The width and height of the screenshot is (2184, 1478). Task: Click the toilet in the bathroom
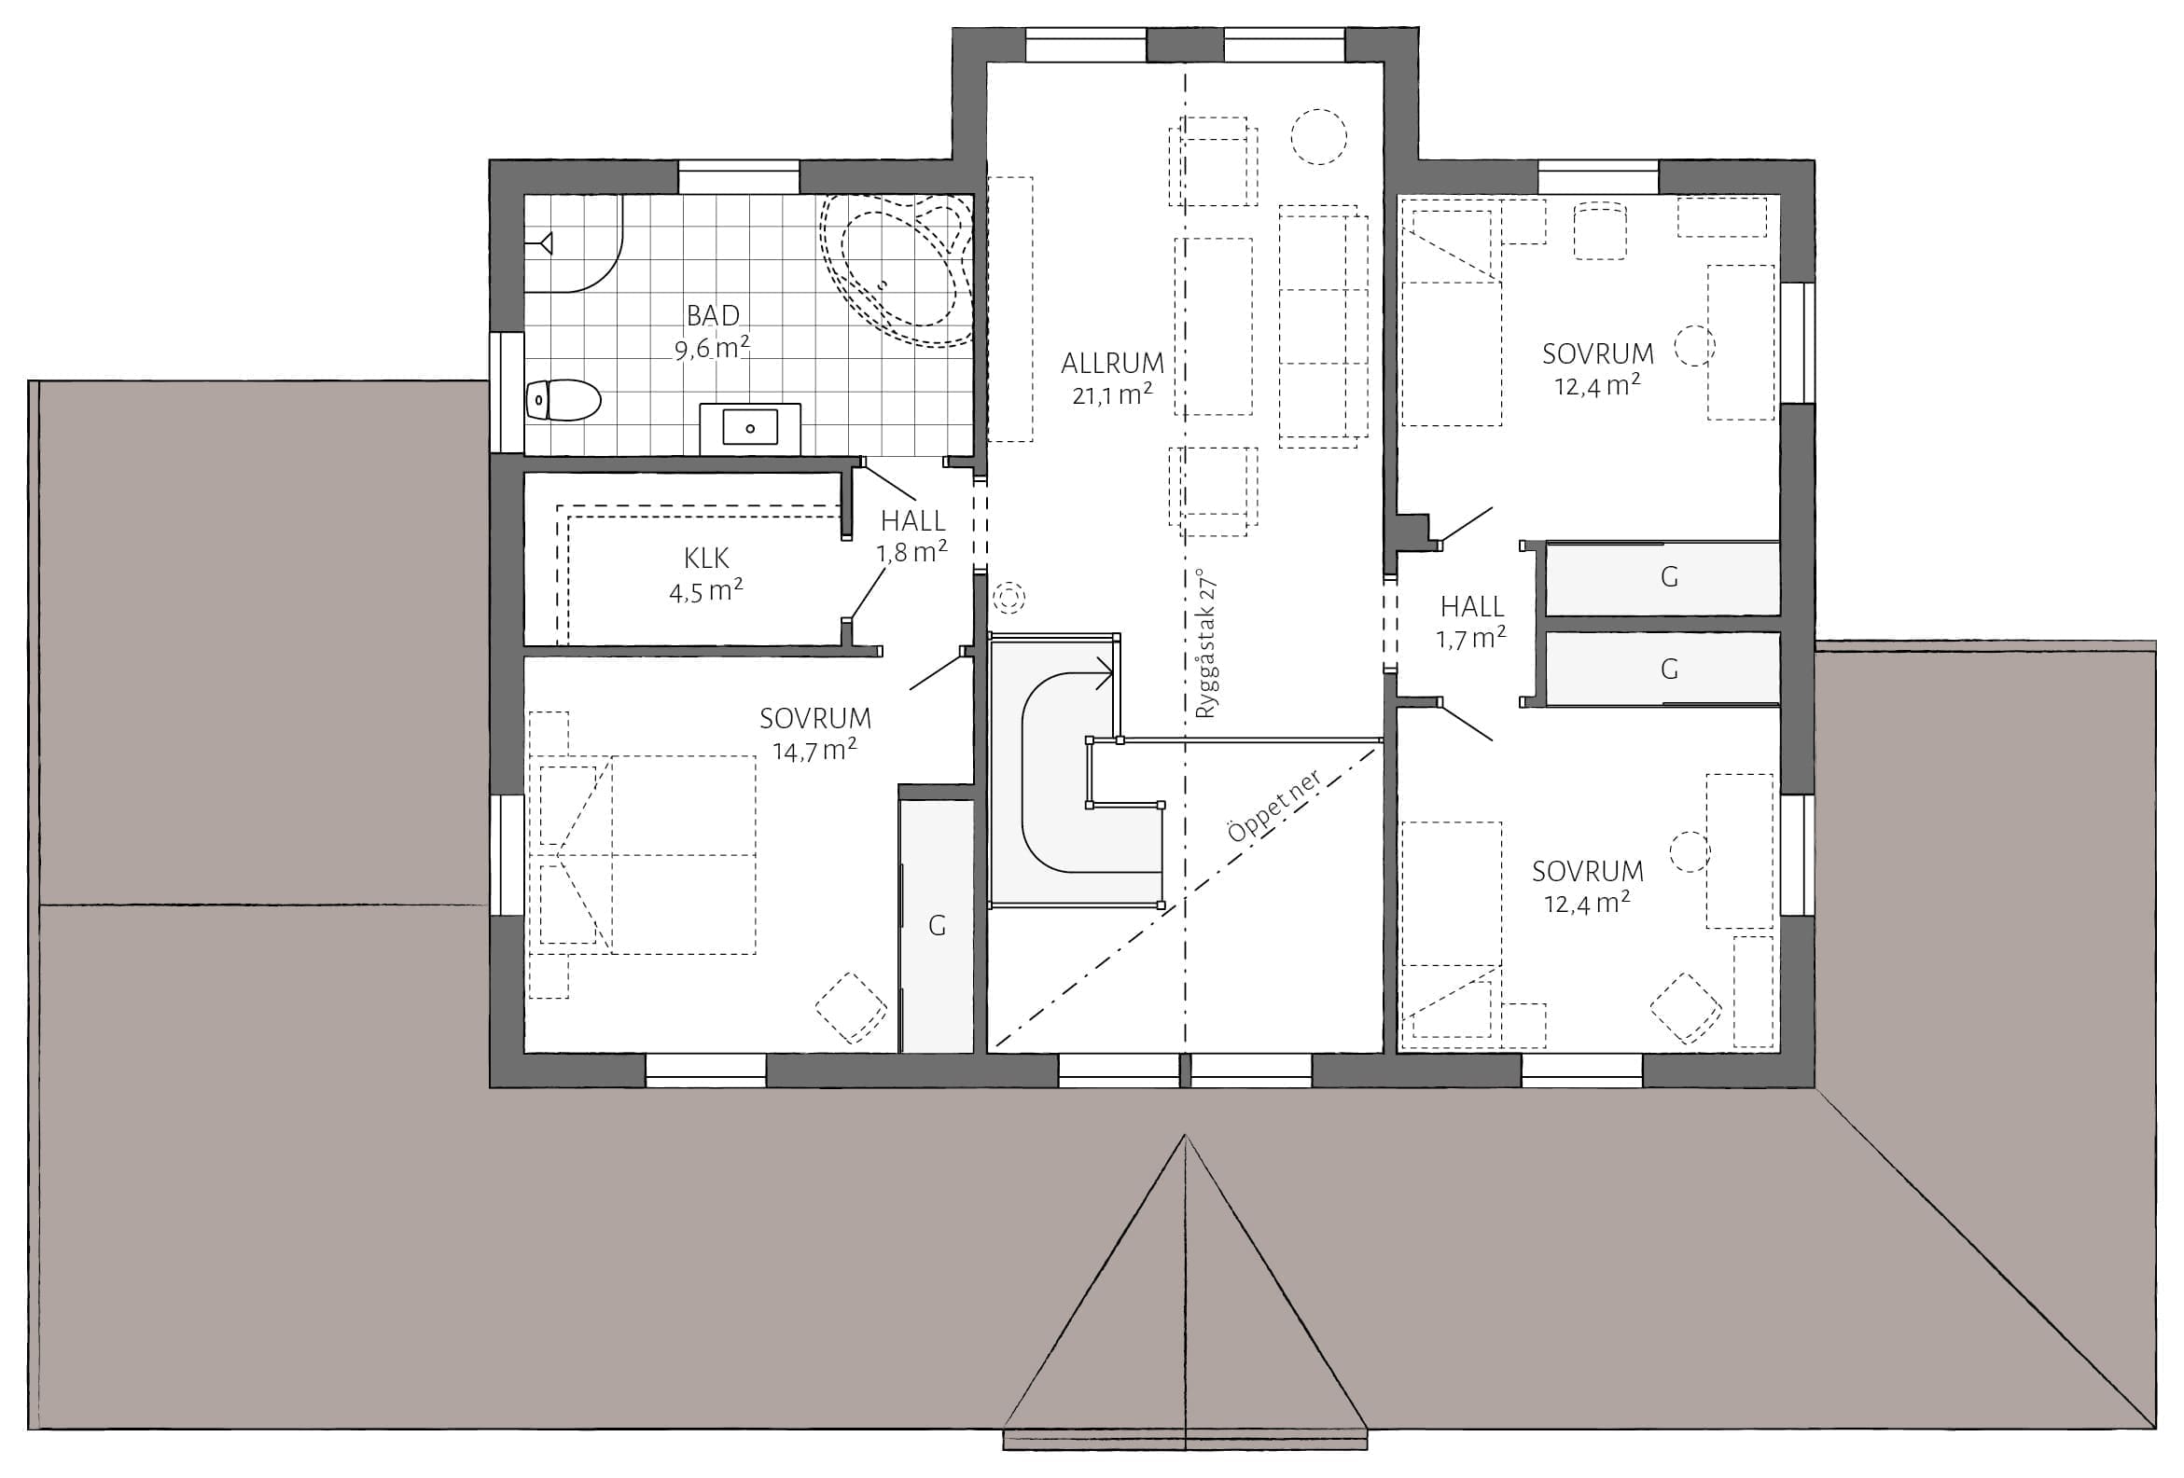(x=563, y=400)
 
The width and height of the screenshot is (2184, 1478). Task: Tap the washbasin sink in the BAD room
(x=750, y=427)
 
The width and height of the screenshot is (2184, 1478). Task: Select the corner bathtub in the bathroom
(x=897, y=269)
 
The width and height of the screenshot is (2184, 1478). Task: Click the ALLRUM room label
(x=1112, y=363)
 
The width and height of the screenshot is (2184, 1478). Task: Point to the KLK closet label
(x=707, y=559)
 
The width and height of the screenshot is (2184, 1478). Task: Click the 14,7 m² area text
(x=814, y=750)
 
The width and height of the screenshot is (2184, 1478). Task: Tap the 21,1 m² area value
(x=1112, y=394)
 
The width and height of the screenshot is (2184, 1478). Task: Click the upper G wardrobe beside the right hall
(x=1662, y=578)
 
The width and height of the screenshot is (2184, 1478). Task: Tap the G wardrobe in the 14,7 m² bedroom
(x=936, y=926)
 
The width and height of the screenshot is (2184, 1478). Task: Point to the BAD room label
(x=714, y=315)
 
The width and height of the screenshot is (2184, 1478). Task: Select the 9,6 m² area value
(x=713, y=348)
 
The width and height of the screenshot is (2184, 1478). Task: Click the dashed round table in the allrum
(x=1318, y=137)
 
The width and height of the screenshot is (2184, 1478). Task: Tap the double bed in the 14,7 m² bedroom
(x=642, y=855)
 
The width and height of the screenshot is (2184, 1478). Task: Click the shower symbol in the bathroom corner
(x=542, y=244)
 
